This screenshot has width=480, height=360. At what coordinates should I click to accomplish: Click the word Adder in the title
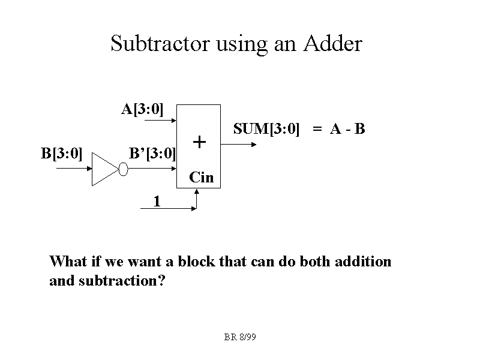coord(332,44)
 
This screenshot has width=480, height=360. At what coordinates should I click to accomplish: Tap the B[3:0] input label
coord(61,153)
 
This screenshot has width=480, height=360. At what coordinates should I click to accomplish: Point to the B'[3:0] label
coord(152,153)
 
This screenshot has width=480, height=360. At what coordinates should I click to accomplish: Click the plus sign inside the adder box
coord(199,142)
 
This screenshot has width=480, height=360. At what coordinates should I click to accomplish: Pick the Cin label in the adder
coord(201,177)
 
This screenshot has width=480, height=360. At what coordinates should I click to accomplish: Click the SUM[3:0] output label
coord(266,128)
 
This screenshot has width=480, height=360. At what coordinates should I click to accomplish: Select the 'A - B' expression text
coord(347,128)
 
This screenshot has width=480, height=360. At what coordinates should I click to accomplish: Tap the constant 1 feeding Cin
coord(157,201)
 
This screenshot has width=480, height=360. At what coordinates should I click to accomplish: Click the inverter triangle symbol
coord(105,169)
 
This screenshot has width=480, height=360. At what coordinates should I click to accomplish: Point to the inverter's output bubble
coord(124,169)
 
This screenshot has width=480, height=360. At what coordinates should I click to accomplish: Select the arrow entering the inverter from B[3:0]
coord(73,169)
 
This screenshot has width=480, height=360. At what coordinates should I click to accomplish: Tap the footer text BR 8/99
coord(240,338)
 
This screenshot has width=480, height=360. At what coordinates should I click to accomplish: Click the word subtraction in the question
coord(122,280)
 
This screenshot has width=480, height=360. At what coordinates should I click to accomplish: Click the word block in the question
coord(194,262)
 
